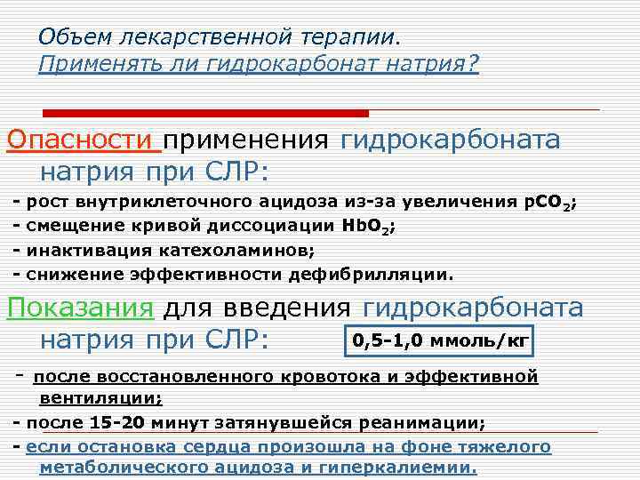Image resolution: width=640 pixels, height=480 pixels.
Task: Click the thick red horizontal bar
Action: coord(206,114)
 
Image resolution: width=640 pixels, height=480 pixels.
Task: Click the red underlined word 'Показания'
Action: coord(81,308)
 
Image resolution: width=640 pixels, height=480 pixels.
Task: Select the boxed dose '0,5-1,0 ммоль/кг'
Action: coord(441,340)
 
